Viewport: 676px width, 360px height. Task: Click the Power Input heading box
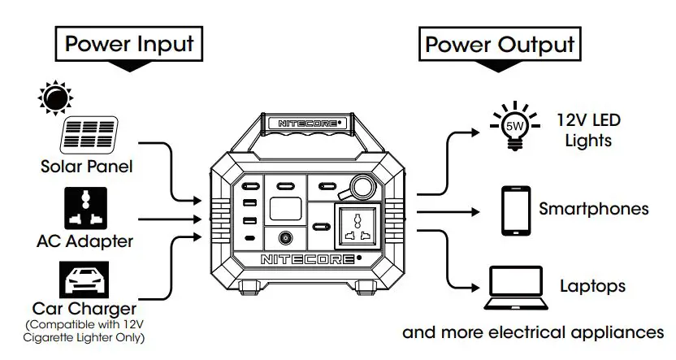point(131,43)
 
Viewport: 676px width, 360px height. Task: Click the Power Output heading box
point(500,43)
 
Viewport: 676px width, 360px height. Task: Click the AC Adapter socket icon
point(85,208)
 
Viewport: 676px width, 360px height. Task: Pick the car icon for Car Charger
point(85,279)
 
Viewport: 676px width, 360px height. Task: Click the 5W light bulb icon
point(513,126)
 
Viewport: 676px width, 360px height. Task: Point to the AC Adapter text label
point(85,241)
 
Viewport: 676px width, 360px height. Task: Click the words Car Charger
point(84,310)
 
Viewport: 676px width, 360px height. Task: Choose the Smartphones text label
point(594,209)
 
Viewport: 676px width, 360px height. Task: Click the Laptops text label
point(592,286)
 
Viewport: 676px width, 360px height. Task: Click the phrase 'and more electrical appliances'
point(534,332)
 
